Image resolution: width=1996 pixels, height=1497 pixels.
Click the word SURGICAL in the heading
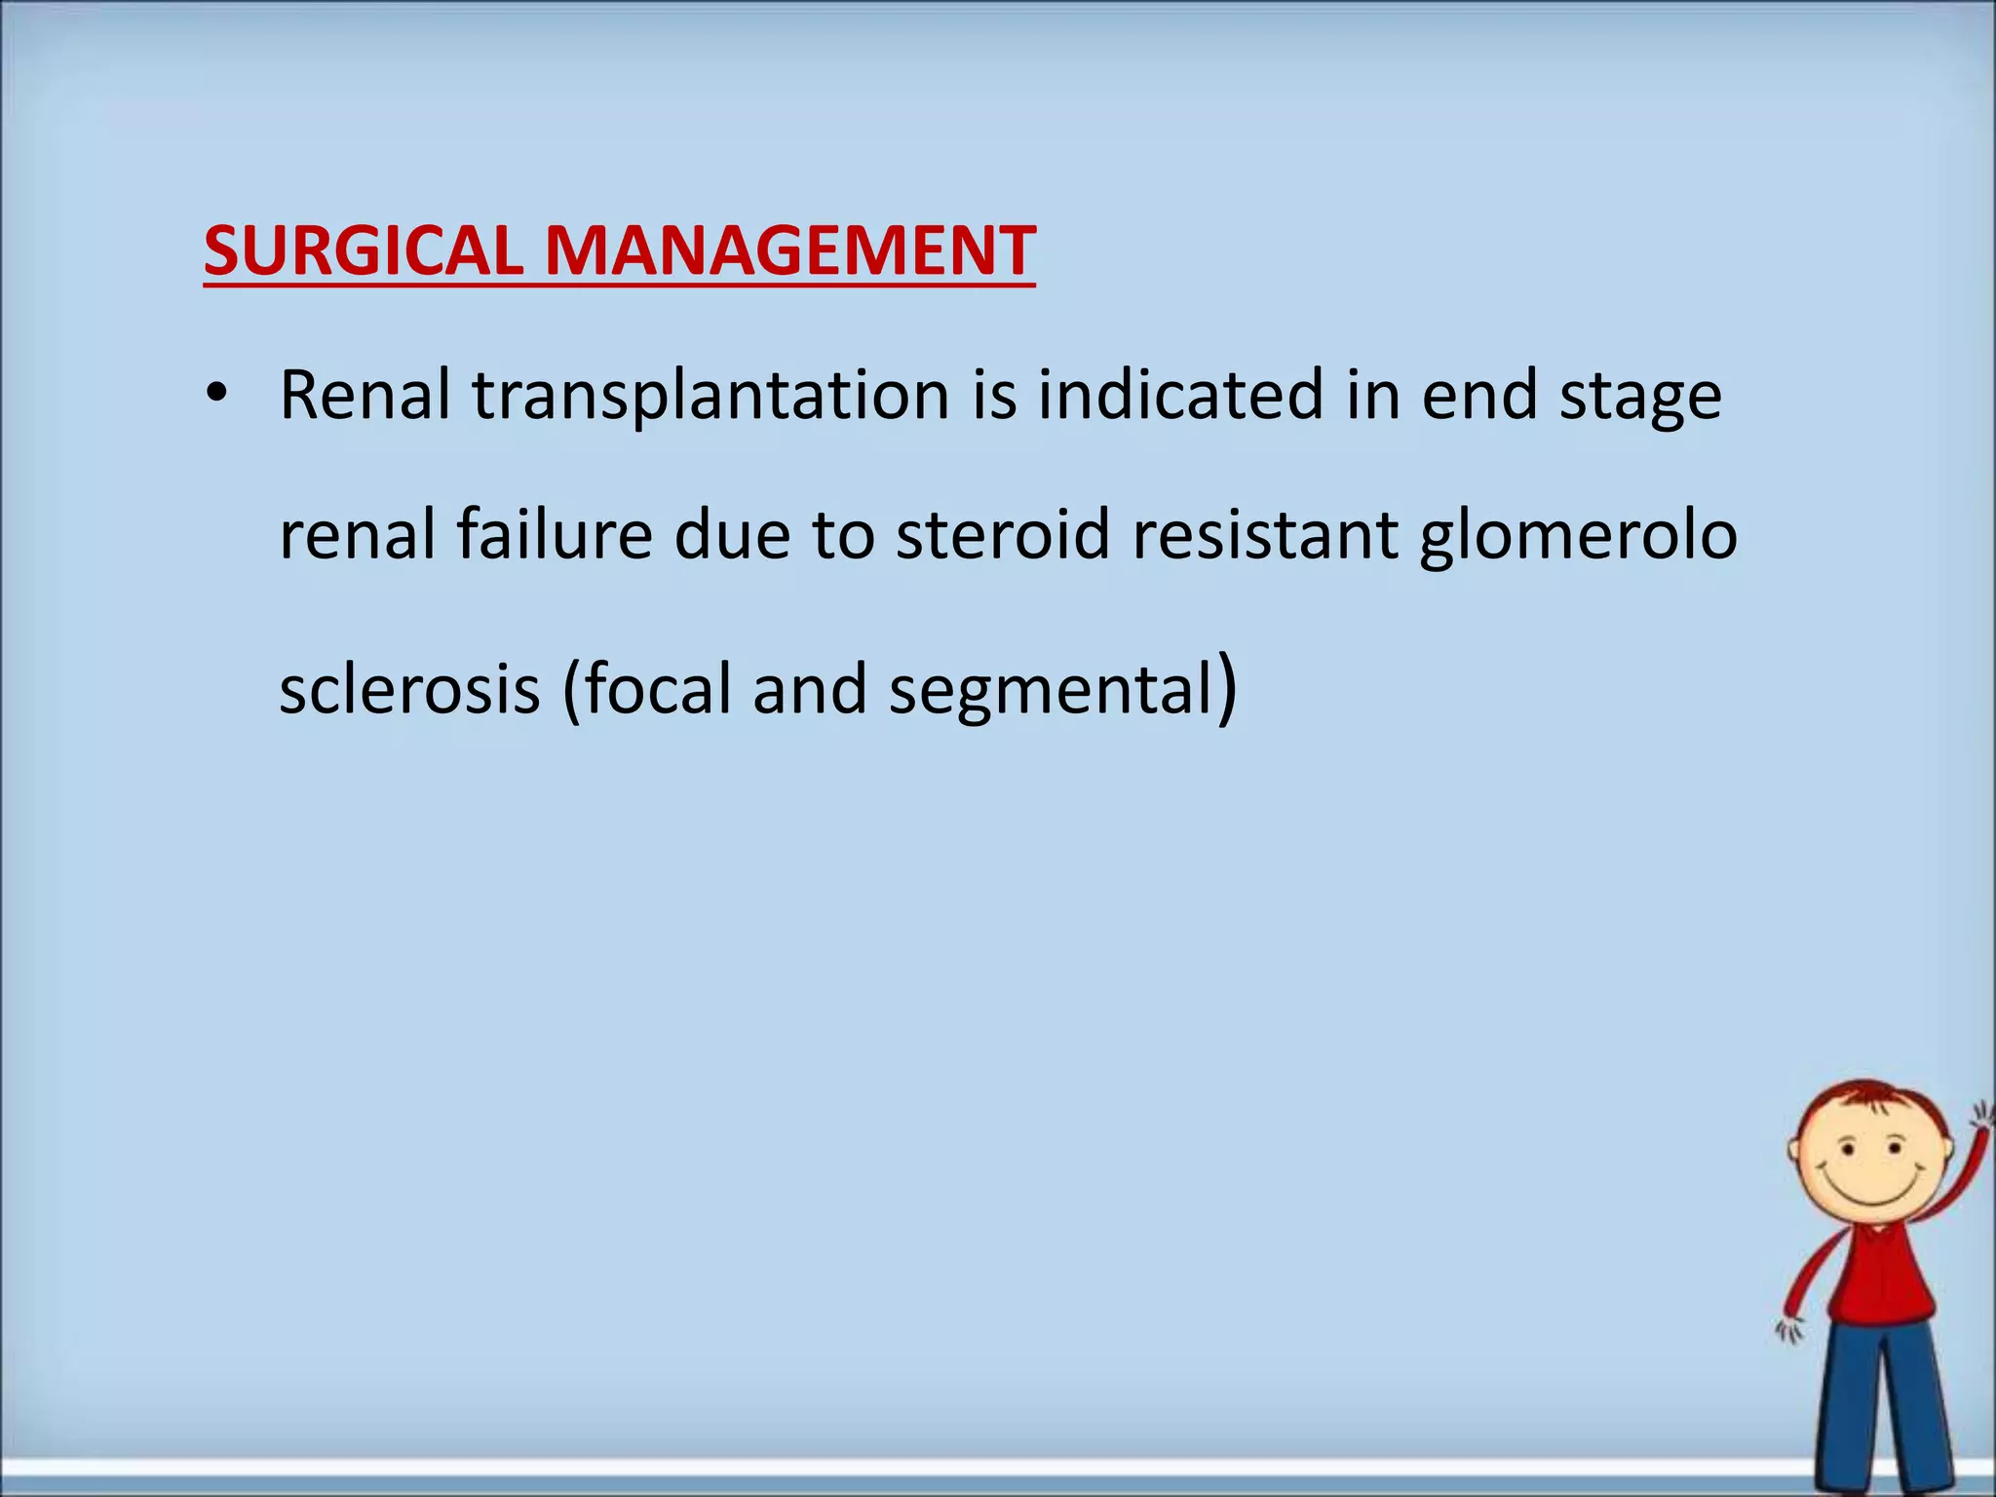[x=364, y=251]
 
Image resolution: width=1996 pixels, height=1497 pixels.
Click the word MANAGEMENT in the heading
[x=789, y=251]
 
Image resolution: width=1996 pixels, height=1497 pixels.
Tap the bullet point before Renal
[x=216, y=395]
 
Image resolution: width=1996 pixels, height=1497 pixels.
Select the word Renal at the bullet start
[x=365, y=395]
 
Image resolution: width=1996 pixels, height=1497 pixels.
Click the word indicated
[x=1180, y=395]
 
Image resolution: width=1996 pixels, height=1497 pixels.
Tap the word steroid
[x=1002, y=535]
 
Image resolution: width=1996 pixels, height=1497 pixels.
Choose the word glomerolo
[x=1578, y=537]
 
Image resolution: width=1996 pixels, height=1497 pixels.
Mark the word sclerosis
[x=409, y=688]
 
